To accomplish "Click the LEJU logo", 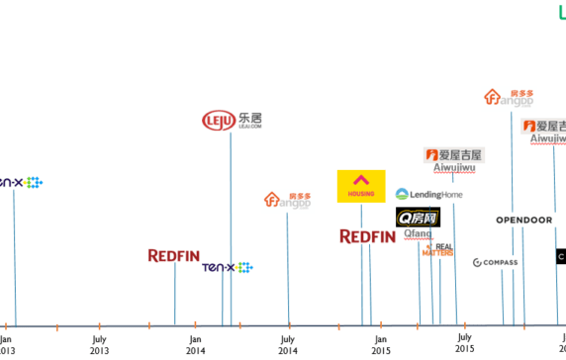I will pyautogui.click(x=232, y=121).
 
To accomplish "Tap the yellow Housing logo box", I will pyautogui.click(x=361, y=186).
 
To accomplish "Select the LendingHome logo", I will pyautogui.click(x=429, y=195).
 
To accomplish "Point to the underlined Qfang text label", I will pyautogui.click(x=418, y=234).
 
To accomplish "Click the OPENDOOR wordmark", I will pyautogui.click(x=523, y=220).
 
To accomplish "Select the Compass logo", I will pyautogui.click(x=496, y=263).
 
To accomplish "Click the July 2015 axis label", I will pyautogui.click(x=464, y=343).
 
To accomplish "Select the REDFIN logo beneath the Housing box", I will pyautogui.click(x=368, y=236).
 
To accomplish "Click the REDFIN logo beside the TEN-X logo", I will pyautogui.click(x=174, y=256).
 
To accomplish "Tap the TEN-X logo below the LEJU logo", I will pyautogui.click(x=227, y=267).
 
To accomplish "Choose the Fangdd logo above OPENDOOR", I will pyautogui.click(x=509, y=97).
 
